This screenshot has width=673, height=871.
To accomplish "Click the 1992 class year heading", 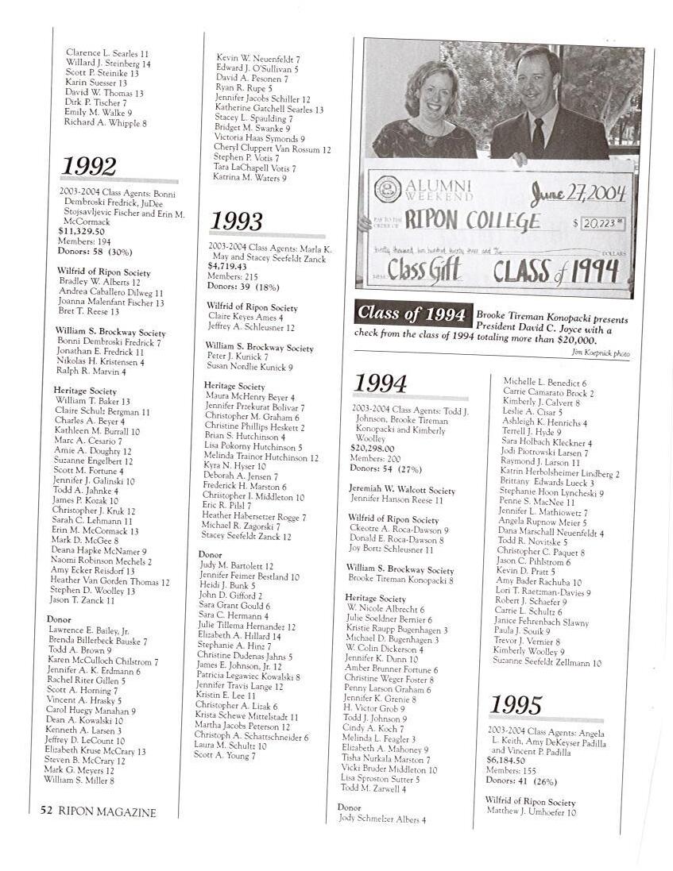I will (89, 167).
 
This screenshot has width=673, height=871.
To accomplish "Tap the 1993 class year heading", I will (236, 221).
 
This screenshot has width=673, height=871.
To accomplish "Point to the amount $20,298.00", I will (373, 448).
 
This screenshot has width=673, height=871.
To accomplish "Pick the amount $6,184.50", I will (505, 760).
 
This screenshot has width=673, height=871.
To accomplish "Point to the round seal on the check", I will (387, 189).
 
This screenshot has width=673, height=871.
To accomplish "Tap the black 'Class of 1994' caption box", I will (412, 314).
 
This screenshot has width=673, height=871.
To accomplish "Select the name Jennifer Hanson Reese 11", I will (396, 500).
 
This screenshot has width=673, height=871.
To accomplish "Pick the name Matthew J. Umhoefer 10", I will (531, 812).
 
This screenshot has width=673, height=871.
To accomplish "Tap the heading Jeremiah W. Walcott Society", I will (401, 490).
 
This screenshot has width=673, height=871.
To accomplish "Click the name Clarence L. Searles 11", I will (107, 53).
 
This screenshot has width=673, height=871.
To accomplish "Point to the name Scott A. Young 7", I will (225, 756).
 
